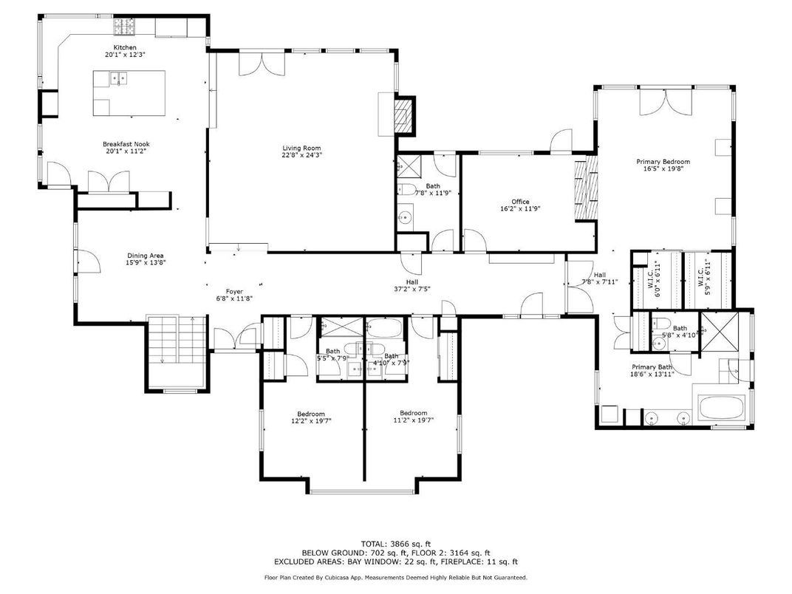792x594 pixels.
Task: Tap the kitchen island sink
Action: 117,78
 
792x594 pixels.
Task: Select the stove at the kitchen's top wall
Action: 123,28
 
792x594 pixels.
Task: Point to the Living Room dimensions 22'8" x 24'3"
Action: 301,155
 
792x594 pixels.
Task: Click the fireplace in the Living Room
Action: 402,115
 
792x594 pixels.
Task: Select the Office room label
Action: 520,202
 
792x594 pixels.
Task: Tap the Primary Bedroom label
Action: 663,162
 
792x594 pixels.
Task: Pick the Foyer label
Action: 234,291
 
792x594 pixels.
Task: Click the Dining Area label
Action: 145,256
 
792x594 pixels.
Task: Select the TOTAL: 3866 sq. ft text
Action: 396,543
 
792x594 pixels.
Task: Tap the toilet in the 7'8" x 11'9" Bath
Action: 407,190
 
